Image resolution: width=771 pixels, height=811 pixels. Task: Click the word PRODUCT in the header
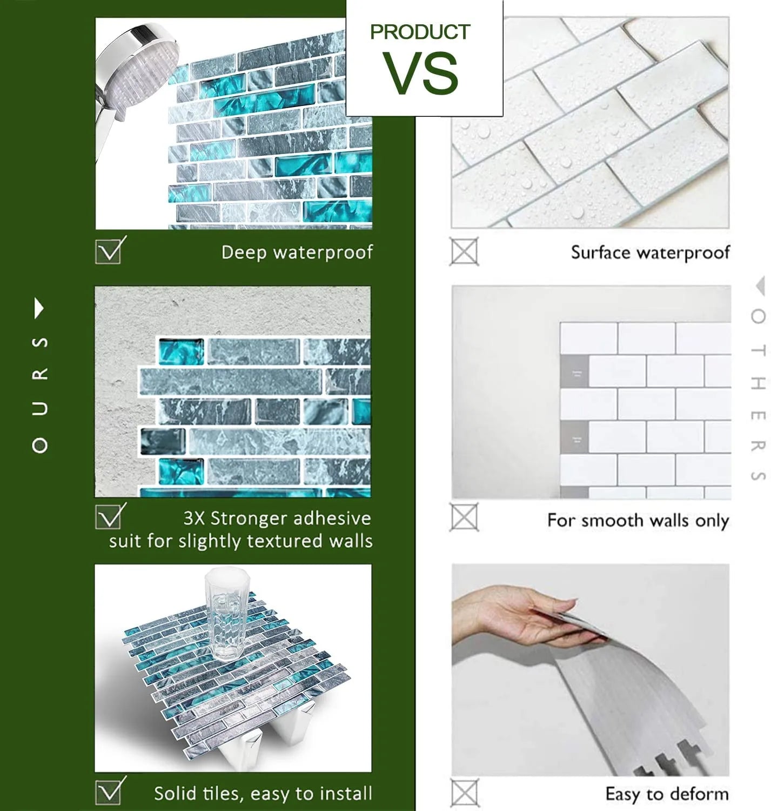[x=420, y=32]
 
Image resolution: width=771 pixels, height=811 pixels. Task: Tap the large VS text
[x=420, y=74]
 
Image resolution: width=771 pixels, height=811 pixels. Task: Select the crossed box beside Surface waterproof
[x=464, y=251]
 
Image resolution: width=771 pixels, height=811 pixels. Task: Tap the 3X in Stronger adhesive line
[x=194, y=518]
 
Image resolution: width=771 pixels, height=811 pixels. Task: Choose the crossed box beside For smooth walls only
[x=464, y=517]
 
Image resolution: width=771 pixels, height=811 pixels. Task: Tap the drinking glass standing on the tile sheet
[x=227, y=614]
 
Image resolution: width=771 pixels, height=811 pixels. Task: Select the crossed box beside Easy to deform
[x=464, y=793]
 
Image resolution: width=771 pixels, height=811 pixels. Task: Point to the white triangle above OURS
[x=39, y=308]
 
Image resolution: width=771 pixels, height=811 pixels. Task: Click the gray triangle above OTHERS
[x=760, y=286]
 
